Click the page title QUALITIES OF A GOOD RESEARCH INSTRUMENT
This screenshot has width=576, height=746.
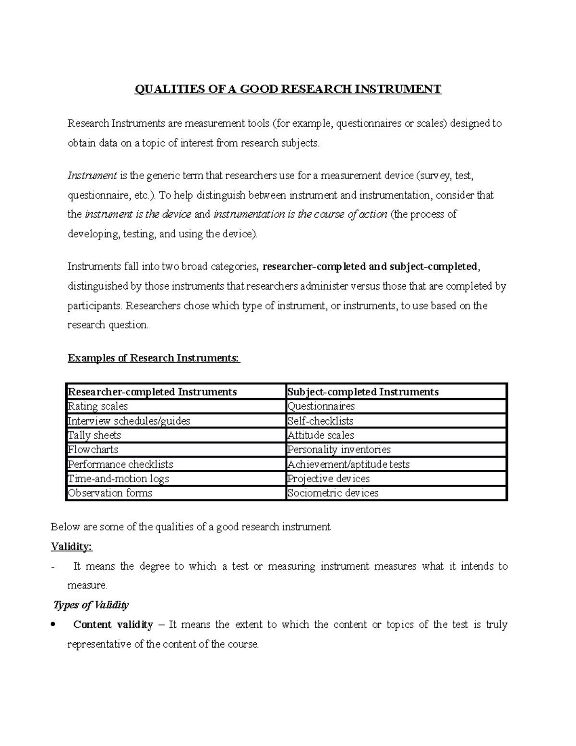pos(288,89)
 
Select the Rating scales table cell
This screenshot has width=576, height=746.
pos(98,406)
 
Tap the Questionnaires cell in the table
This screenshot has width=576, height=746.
pos(321,406)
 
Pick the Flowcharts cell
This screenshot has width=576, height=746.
pos(93,450)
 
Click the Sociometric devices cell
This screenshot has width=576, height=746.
pos(333,493)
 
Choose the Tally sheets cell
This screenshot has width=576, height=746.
pos(95,435)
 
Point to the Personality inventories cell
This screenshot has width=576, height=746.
pos(339,450)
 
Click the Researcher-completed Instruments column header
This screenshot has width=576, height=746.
pos(152,392)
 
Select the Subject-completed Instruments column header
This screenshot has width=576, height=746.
pos(363,392)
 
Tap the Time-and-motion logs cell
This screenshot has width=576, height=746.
pos(119,478)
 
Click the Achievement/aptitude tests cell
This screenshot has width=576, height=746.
pos(348,464)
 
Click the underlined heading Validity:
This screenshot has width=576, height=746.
pos(72,547)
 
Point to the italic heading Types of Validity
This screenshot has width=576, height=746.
pos(91,605)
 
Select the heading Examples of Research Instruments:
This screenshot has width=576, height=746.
pos(154,358)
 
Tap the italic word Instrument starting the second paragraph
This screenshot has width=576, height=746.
pos(92,176)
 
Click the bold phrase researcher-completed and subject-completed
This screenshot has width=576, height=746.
pos(370,267)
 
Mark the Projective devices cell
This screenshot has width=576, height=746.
pos(328,478)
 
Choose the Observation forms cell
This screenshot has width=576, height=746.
pos(110,493)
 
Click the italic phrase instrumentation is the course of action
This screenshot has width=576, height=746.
pos(300,214)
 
